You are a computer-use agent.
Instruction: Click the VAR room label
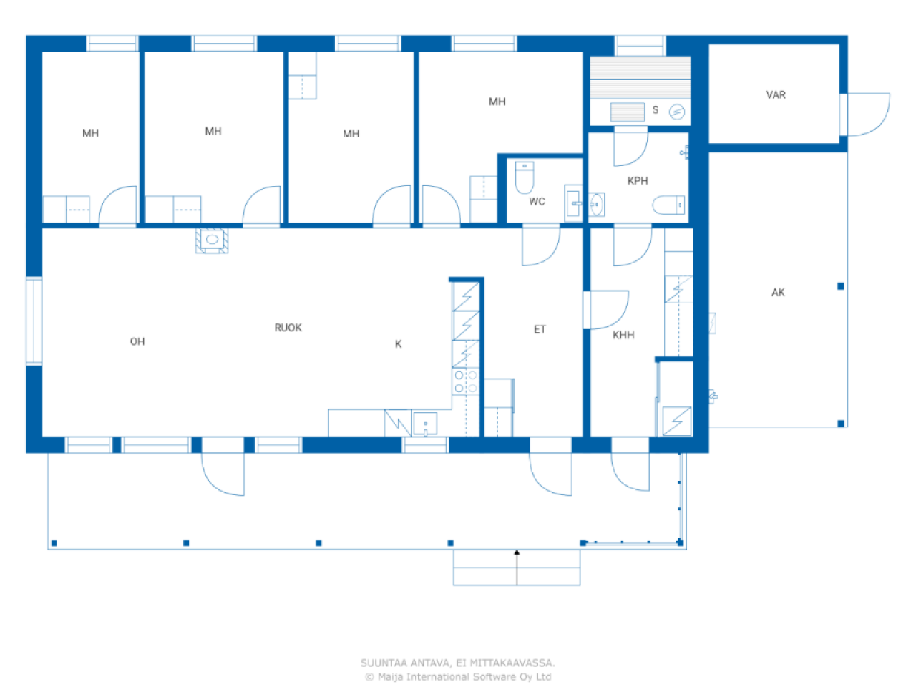tap(776, 94)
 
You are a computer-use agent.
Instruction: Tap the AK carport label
tap(778, 292)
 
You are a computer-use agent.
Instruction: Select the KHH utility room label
tap(623, 335)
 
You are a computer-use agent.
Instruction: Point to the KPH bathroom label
tap(638, 181)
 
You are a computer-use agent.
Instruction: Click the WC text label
tap(537, 202)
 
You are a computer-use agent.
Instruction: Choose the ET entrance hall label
tap(540, 329)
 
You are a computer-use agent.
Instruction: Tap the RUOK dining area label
tap(288, 328)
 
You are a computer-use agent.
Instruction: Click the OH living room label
tap(137, 341)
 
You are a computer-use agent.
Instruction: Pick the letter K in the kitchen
tap(399, 344)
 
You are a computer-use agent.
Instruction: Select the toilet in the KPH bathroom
tap(668, 205)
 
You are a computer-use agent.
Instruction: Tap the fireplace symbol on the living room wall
tap(212, 240)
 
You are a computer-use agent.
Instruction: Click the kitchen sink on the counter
tap(425, 424)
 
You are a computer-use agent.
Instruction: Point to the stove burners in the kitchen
tap(466, 381)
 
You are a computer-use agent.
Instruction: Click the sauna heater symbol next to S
tap(676, 112)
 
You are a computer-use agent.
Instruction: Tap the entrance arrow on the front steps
tap(517, 565)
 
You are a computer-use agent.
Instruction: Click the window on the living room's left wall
tap(34, 321)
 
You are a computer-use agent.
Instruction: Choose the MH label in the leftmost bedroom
tap(90, 133)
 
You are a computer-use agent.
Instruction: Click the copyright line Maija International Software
tap(458, 676)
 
